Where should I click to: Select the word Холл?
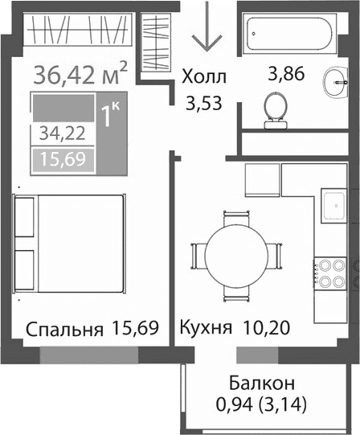pyautogui.click(x=204, y=78)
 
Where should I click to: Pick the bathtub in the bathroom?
pyautogui.click(x=297, y=35)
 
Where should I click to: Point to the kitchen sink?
pyautogui.click(x=331, y=206)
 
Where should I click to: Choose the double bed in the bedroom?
pyautogui.click(x=69, y=246)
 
